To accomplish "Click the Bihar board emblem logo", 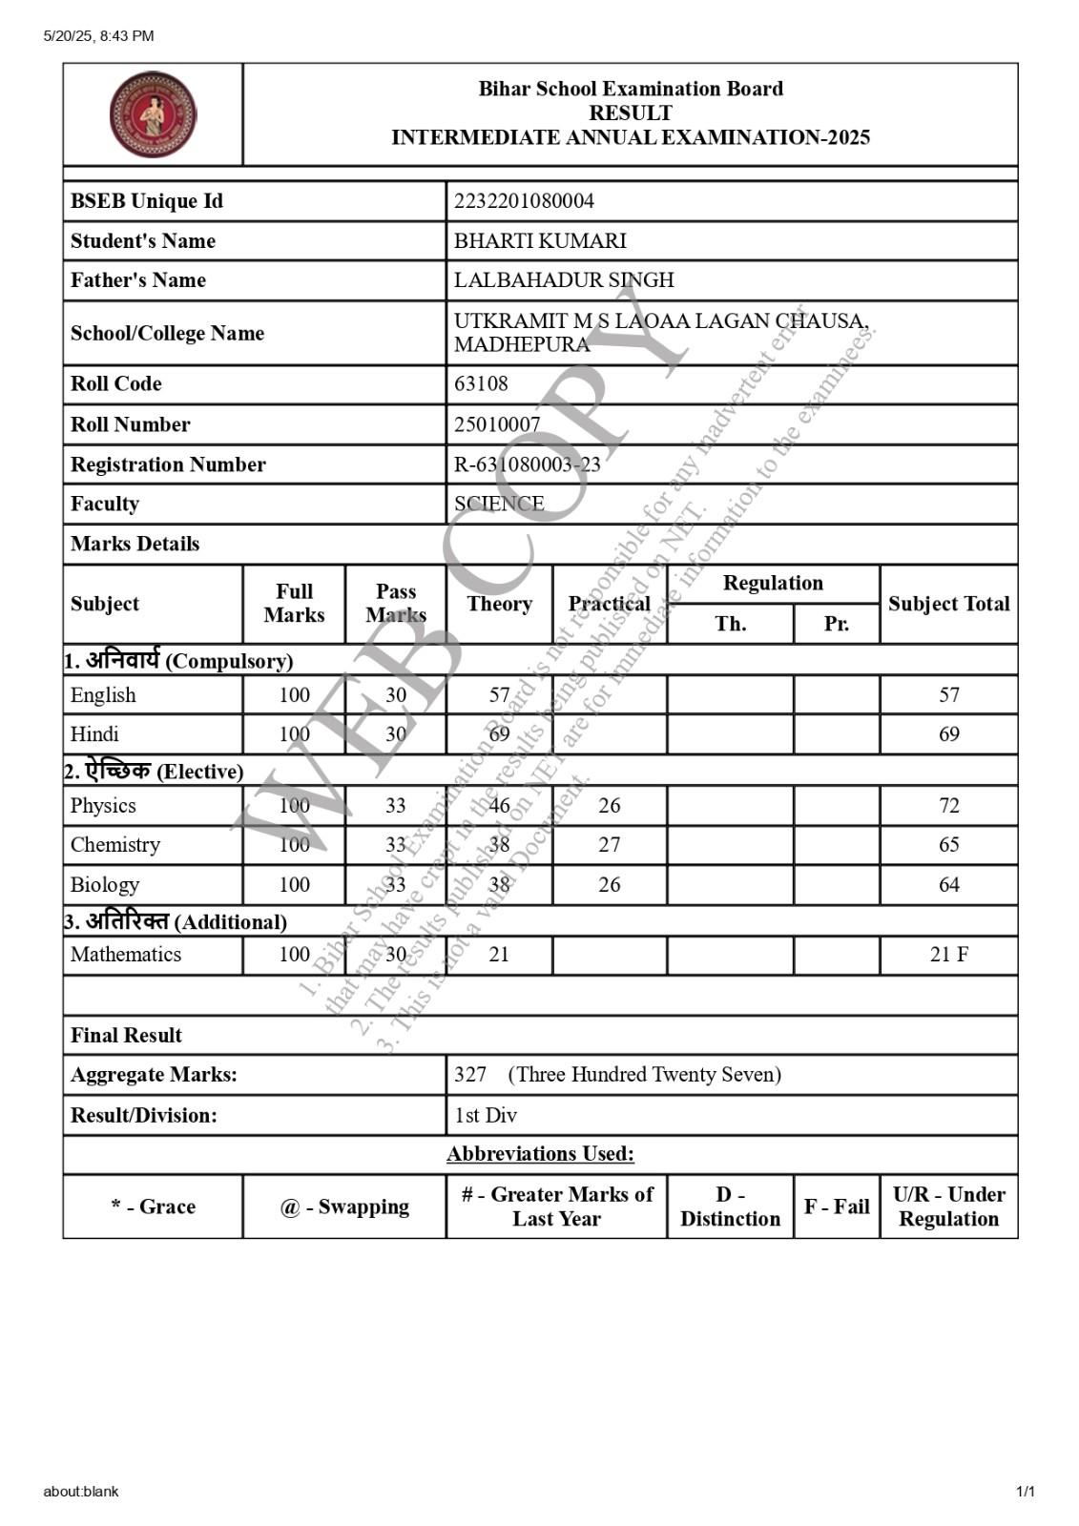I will [x=153, y=114].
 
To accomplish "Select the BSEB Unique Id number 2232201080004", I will [x=524, y=201].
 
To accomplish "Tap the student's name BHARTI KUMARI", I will [x=540, y=241].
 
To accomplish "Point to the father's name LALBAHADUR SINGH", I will [x=564, y=280].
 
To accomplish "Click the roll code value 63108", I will [x=481, y=384].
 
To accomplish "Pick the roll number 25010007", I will [x=497, y=424].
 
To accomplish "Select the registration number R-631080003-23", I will [x=527, y=464].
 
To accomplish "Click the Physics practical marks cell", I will [x=609, y=806].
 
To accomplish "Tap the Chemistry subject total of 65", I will [x=948, y=845].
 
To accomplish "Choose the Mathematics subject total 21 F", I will [x=948, y=955].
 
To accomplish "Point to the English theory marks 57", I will [x=499, y=695].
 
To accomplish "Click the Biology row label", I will [x=105, y=885].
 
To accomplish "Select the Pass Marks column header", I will [x=395, y=604].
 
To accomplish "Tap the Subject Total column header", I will [x=948, y=604].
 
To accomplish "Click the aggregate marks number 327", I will [x=470, y=1075].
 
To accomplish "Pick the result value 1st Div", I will [x=486, y=1115].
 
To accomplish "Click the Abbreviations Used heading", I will [x=540, y=1154].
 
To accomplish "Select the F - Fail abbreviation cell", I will [x=836, y=1206].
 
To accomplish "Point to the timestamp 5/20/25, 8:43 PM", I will [x=98, y=36].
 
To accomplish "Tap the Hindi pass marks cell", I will [x=395, y=734].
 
